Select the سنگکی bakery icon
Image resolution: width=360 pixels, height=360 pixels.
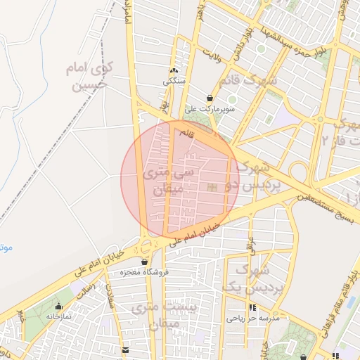tap(174, 70)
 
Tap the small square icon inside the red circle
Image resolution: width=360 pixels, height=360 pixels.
tap(212, 186)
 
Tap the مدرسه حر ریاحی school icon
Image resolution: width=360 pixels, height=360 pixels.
tap(252, 308)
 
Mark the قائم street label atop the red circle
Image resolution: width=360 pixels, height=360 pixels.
tap(186, 132)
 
